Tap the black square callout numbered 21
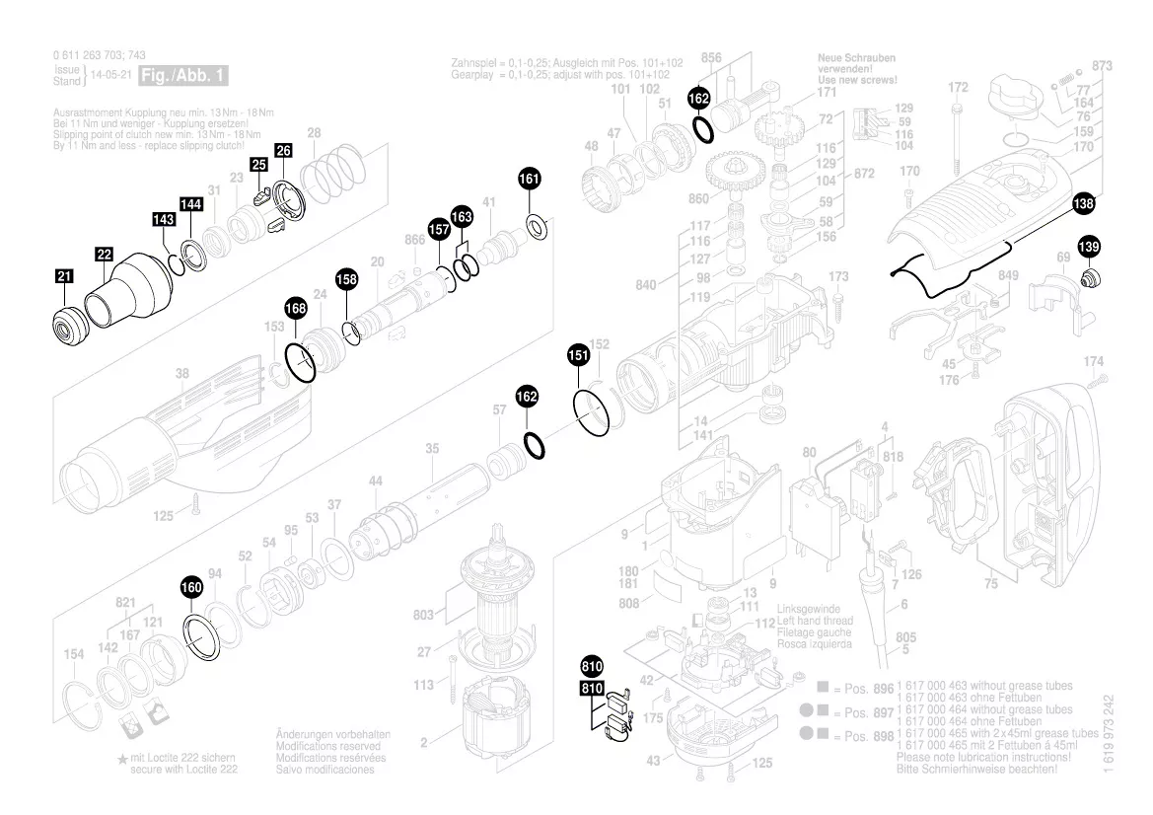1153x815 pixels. click(64, 278)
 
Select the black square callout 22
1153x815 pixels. click(105, 255)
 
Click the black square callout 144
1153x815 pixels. click(191, 204)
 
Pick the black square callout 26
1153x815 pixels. click(283, 151)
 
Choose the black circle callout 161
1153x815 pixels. click(530, 179)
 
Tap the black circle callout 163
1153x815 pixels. click(462, 215)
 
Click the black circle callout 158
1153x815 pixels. click(346, 279)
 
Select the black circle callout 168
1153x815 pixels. click(296, 309)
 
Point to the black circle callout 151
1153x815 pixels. click(578, 355)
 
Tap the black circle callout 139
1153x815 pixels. click(1089, 247)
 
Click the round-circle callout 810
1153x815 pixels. click(592, 665)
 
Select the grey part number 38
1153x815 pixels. click(182, 374)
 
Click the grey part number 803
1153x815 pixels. click(423, 616)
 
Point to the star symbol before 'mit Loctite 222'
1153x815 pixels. click(122, 758)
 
